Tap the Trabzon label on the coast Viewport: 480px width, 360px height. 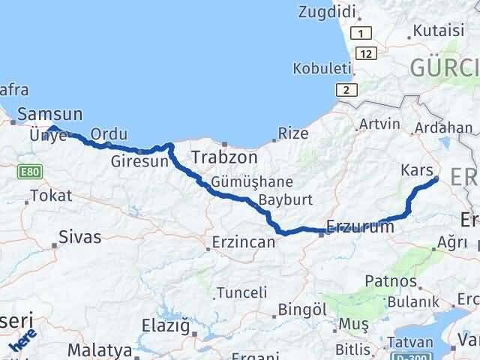point(224,158)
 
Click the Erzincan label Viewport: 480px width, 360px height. point(241,243)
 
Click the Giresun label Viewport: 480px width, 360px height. point(135,160)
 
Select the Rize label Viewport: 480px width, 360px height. point(292,133)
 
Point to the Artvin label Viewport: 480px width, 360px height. point(376,124)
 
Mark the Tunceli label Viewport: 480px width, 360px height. point(242,292)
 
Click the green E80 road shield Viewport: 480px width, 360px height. point(31,172)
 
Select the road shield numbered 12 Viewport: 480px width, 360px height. point(366,53)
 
